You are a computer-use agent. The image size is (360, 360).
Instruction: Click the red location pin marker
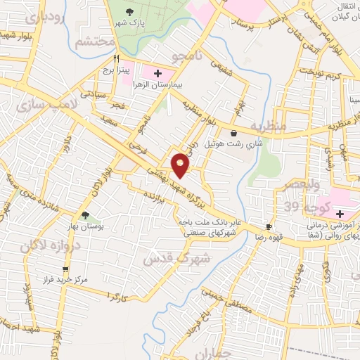pos(181,166)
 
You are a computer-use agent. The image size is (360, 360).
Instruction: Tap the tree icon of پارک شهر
pos(130,11)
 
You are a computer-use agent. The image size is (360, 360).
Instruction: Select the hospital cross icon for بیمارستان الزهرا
pos(157,72)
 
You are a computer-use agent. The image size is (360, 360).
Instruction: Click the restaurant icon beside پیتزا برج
pos(117,58)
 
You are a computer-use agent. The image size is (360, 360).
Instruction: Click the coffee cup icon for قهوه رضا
pos(268,226)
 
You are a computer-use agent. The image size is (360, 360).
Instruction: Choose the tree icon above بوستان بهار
pos(86,215)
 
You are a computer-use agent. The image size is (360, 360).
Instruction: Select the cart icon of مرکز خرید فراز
pos(65,269)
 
